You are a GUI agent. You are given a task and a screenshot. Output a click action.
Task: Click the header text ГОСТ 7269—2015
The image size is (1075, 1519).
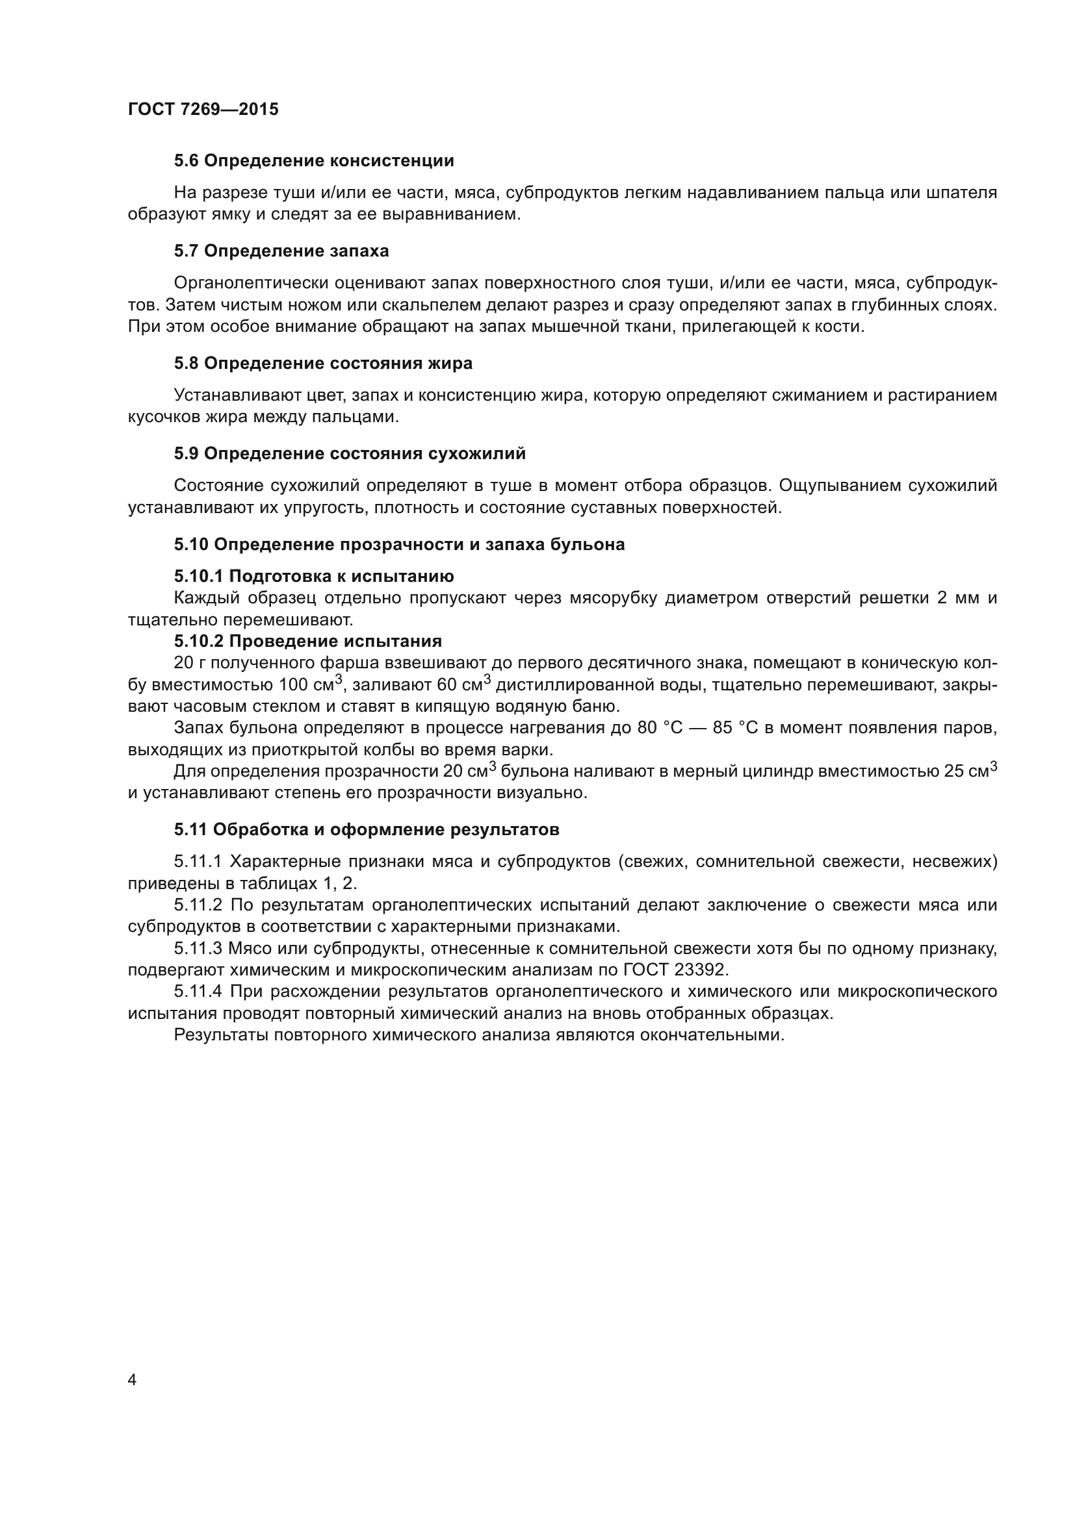(203, 109)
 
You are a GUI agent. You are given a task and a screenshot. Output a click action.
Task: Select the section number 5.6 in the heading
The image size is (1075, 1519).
(187, 161)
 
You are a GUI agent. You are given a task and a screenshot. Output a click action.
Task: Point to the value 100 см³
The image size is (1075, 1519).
(309, 684)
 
